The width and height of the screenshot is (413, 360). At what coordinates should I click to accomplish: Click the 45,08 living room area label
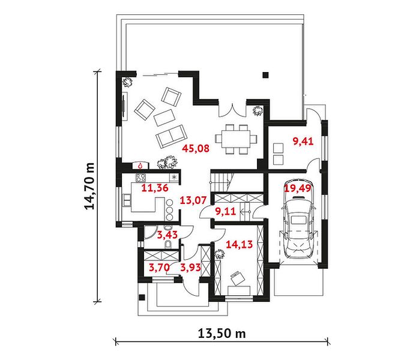click(196, 149)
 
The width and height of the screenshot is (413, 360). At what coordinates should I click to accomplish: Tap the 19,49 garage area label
click(298, 188)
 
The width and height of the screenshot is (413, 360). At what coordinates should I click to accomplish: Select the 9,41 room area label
click(303, 142)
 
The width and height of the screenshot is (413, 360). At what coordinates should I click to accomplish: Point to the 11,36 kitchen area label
click(155, 188)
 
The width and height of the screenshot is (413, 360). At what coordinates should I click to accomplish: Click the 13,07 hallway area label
click(193, 200)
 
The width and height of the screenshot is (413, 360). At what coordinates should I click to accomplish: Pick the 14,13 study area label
click(240, 244)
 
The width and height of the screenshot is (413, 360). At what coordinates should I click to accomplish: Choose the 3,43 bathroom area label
click(167, 235)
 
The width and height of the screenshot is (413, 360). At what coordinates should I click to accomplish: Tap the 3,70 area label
click(159, 268)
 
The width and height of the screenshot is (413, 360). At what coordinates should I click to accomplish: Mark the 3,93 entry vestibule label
click(190, 268)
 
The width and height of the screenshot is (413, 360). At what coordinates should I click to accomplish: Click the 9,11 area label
click(226, 211)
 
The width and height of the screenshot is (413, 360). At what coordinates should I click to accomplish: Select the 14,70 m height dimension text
click(89, 186)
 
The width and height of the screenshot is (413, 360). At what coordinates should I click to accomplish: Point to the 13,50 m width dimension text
click(222, 334)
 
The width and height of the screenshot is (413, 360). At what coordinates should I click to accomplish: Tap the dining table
click(235, 139)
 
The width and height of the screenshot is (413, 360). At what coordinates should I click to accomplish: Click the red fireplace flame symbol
click(140, 166)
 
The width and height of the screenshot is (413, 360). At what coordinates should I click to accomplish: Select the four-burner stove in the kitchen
click(140, 177)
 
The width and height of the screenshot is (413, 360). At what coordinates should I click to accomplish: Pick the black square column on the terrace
click(266, 75)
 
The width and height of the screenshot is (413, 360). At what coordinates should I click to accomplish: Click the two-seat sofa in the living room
click(172, 136)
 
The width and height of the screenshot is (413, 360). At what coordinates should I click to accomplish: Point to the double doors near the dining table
click(232, 110)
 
